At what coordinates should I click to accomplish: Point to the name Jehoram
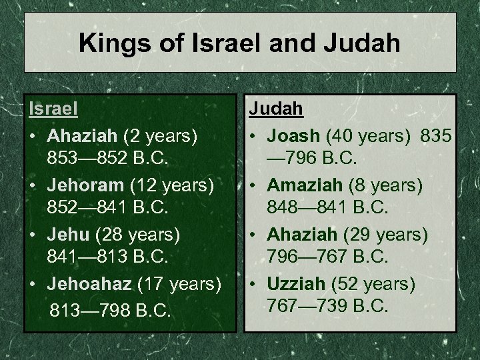83,183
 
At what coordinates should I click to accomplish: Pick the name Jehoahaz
90,284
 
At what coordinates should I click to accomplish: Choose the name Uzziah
298,284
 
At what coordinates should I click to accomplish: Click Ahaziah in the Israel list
83,136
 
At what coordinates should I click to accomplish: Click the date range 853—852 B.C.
109,159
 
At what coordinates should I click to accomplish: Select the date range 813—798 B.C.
111,309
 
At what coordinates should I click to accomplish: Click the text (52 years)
374,284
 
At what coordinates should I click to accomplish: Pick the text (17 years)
179,284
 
